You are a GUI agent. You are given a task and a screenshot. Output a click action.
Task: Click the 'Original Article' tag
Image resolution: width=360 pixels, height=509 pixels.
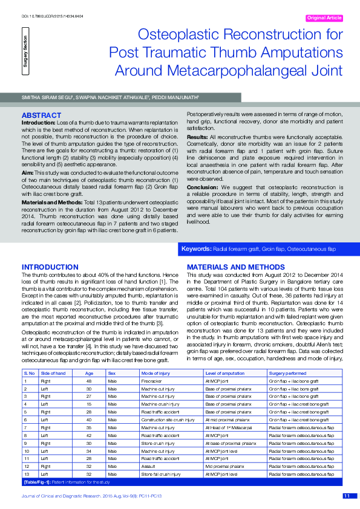pyautogui.click(x=325, y=19)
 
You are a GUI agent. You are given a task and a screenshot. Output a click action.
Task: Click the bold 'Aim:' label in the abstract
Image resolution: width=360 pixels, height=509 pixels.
pyautogui.click(x=28, y=155)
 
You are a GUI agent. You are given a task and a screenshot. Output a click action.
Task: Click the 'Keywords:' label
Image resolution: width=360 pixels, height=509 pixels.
pyautogui.click(x=196, y=248)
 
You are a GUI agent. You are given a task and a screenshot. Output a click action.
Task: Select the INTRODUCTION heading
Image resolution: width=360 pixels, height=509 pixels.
pyautogui.click(x=50, y=267)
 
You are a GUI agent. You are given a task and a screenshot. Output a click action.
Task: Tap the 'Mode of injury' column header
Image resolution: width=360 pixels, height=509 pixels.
pyautogui.click(x=154, y=374)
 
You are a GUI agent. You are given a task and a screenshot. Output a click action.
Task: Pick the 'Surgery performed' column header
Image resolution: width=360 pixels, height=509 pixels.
pyautogui.click(x=287, y=374)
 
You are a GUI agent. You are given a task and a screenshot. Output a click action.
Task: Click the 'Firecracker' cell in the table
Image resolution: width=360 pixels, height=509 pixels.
pyautogui.click(x=151, y=381)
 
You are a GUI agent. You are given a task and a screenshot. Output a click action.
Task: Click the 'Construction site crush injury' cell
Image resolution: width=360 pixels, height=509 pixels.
pyautogui.click(x=168, y=420)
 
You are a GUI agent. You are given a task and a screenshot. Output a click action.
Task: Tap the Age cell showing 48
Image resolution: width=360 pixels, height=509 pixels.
pyautogui.click(x=88, y=381)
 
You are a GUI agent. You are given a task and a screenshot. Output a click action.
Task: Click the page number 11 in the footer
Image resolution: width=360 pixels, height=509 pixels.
pyautogui.click(x=347, y=496)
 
